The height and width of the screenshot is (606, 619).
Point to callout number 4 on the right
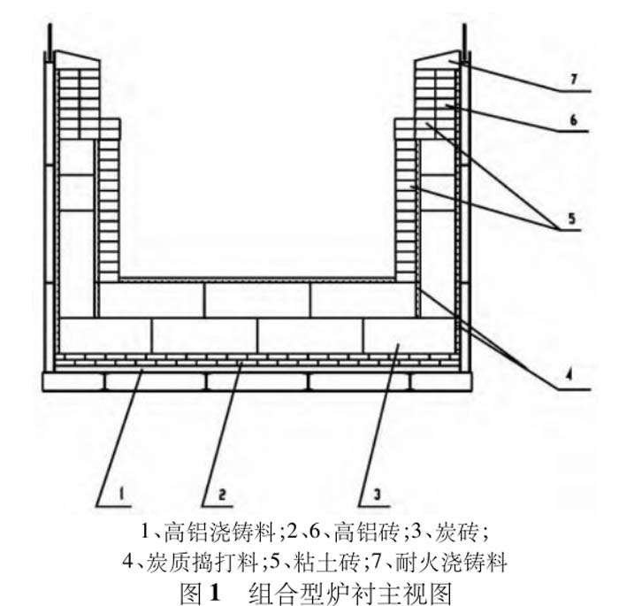click(x=570, y=374)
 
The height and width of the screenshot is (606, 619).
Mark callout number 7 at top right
click(x=572, y=79)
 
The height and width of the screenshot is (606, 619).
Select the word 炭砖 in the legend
click(x=457, y=533)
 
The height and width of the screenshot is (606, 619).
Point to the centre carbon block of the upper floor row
click(x=256, y=300)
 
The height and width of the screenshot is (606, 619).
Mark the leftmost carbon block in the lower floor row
click(x=104, y=335)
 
